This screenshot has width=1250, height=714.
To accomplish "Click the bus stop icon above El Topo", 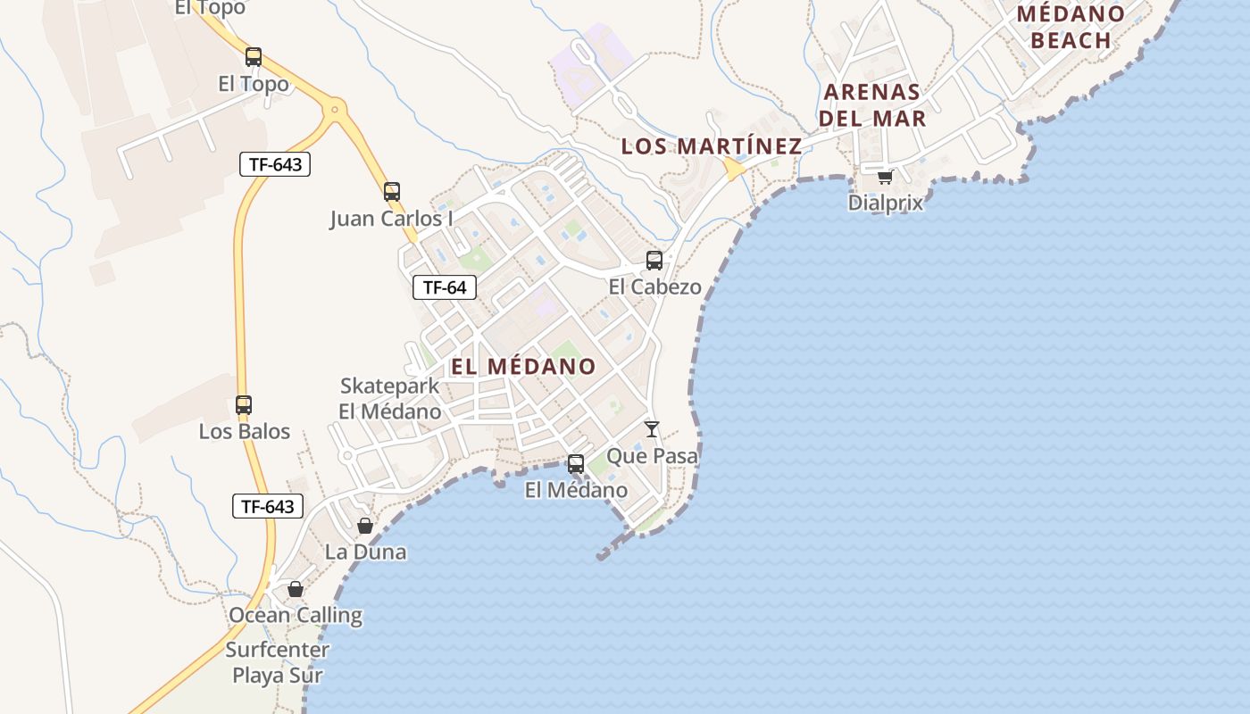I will [x=254, y=57].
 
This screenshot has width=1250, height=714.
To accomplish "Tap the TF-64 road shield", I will [x=445, y=287].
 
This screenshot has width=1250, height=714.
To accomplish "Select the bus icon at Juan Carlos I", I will [x=391, y=192].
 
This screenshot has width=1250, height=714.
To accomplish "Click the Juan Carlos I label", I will [x=391, y=219].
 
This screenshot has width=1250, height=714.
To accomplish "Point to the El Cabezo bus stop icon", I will [x=654, y=261].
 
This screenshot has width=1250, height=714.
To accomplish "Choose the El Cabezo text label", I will [x=654, y=287].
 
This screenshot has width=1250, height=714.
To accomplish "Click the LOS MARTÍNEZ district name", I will [x=712, y=145].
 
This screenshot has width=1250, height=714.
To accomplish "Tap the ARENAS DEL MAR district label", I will [x=872, y=104].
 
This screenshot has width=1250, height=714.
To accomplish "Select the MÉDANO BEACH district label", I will [x=1071, y=27].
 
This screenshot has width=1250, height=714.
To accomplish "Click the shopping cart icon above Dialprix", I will [x=885, y=177].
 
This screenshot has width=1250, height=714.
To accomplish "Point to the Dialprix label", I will [x=885, y=203].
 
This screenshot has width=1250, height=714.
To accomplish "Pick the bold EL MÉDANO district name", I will [x=523, y=366].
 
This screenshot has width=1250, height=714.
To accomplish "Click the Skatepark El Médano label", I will [x=389, y=399].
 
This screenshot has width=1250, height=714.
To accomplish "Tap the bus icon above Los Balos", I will [x=244, y=404].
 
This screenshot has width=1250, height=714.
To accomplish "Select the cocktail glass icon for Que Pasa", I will [x=652, y=429].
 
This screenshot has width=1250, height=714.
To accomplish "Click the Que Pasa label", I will [x=652, y=456].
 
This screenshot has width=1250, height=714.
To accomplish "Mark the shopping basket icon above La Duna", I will [x=364, y=526].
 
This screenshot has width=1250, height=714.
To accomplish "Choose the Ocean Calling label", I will [x=296, y=615].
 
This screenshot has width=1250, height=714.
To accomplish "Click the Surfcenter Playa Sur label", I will [x=277, y=662].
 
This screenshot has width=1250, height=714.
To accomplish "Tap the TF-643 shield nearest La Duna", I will [x=268, y=506].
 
